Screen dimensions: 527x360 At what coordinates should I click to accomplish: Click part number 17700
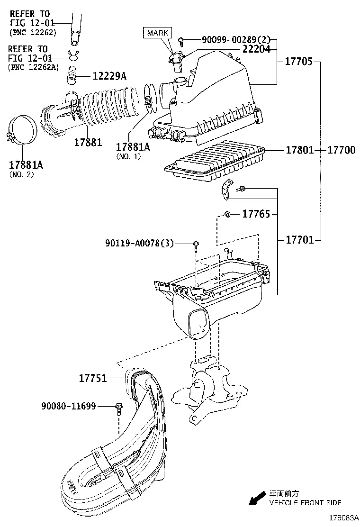pyautogui.click(x=341, y=150)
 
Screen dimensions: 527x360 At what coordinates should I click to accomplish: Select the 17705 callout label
pyautogui.click(x=298, y=62)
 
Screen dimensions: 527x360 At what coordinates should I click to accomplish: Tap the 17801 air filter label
pyautogui.click(x=299, y=150)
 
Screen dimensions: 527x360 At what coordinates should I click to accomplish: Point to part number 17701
pyautogui.click(x=299, y=240)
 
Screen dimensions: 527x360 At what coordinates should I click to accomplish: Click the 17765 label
pyautogui.click(x=256, y=215)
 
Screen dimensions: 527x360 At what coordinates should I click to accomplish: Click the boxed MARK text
pyautogui.click(x=157, y=33)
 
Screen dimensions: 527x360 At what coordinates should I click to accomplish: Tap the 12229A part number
pyautogui.click(x=109, y=76)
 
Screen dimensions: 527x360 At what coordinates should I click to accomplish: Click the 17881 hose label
pyautogui.click(x=88, y=142)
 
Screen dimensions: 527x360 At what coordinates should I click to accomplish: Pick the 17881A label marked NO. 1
pyautogui.click(x=133, y=147)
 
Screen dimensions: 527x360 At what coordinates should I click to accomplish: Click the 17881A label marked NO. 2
pyautogui.click(x=26, y=165)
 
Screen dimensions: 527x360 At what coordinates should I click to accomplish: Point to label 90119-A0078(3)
pyautogui.click(x=139, y=244)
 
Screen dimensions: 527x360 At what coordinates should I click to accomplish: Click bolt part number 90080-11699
pyautogui.click(x=69, y=406)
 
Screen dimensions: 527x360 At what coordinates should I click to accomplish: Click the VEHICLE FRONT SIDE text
pyautogui.click(x=305, y=503)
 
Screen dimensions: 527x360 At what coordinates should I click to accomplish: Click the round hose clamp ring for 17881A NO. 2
pyautogui.click(x=24, y=129)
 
